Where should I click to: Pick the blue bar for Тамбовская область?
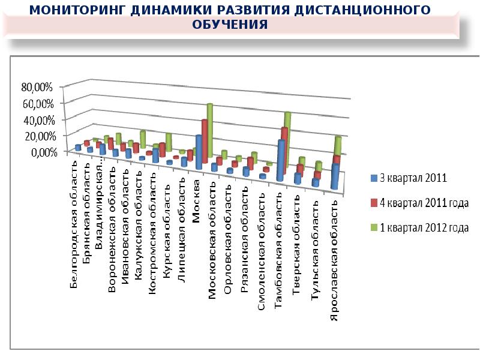pyautogui.click(x=280, y=160)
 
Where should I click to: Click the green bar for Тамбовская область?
pyautogui.click(x=287, y=135)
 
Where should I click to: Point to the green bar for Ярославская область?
pyautogui.click(x=338, y=147)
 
